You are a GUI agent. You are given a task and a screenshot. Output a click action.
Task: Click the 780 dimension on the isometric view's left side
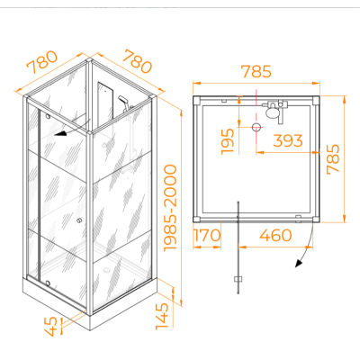pos(42,63)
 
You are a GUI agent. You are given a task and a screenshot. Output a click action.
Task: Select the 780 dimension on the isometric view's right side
pos(138,61)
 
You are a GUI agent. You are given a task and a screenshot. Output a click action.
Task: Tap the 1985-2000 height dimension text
pos(171,208)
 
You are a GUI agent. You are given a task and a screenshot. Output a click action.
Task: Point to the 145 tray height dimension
pos(162,317)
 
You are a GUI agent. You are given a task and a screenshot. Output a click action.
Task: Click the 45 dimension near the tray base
pos(51,327)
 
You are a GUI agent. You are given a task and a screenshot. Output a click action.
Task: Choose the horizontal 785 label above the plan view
pos(256,72)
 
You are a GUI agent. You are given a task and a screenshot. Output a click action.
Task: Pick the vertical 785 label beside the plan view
pos(333,159)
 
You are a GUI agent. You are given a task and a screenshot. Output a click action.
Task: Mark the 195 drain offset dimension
pos(228,141)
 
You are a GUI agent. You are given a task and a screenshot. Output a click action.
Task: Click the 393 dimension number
pos(288,140)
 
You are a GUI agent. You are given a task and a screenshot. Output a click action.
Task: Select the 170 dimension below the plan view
pos(207,235)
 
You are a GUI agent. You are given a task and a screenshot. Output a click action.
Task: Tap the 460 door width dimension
pos(275,235)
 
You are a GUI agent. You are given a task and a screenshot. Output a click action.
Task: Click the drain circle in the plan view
pos(256,128)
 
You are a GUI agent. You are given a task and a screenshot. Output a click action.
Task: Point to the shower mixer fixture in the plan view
pos(274,111)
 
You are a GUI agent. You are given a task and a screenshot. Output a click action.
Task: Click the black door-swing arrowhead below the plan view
pos(299,263)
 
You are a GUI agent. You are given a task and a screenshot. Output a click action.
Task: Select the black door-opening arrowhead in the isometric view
pos(60,133)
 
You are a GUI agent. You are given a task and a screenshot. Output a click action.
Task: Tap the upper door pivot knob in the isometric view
pos(48,116)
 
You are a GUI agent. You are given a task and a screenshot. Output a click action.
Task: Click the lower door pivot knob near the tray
pos(48,283)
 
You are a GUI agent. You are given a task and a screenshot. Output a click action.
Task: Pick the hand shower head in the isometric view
pos(123,100)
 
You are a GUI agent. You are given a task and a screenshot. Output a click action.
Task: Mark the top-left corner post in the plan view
pos(197,100)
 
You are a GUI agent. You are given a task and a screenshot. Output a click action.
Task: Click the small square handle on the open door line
pos(238,279)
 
